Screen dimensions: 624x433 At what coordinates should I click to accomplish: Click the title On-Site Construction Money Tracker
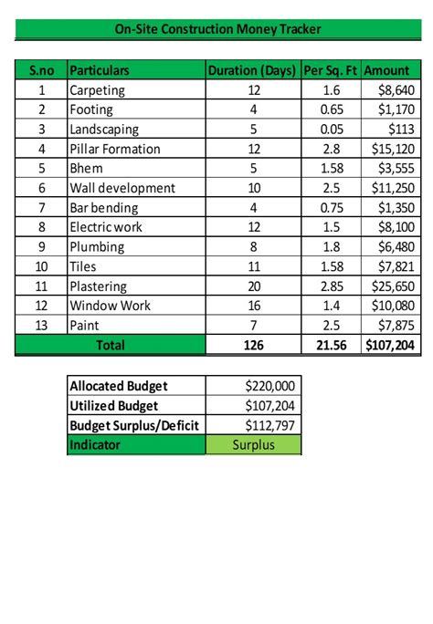[217, 29]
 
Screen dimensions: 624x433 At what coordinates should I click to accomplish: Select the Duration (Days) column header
[253, 70]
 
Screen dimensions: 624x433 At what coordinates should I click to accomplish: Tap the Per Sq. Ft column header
[332, 70]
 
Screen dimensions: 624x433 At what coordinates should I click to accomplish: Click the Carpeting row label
[97, 90]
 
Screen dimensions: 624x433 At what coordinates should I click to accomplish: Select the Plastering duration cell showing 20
[254, 286]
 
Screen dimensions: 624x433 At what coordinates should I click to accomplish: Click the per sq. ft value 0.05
[332, 130]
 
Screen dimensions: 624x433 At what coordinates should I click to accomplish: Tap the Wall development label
[122, 188]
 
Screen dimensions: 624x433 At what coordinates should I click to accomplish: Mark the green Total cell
[111, 346]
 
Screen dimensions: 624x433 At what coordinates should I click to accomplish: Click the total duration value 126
[254, 346]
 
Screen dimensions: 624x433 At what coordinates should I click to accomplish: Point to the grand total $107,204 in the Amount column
[391, 346]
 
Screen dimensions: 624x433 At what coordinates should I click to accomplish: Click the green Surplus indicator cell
[253, 445]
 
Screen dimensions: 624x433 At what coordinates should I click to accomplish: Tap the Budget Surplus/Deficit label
[135, 425]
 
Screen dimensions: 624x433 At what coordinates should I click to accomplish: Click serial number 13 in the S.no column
[41, 326]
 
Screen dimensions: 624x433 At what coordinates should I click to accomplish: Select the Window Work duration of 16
[254, 306]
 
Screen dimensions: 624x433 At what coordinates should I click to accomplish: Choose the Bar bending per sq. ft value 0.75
[332, 208]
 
